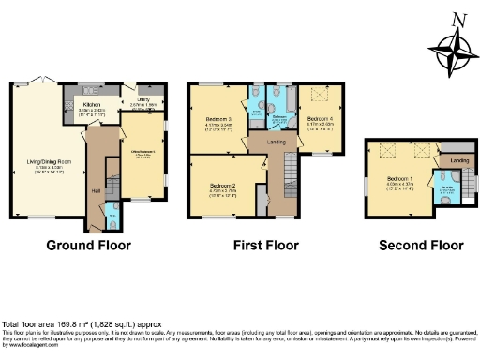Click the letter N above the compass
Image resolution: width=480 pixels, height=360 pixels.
click(x=458, y=19)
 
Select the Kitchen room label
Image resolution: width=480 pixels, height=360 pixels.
click(x=91, y=105)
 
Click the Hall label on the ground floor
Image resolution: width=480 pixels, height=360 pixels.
click(x=96, y=190)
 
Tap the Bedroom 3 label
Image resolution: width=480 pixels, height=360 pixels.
click(x=218, y=120)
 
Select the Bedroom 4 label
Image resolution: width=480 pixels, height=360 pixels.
click(x=319, y=119)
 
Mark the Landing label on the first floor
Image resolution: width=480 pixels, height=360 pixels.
click(x=276, y=142)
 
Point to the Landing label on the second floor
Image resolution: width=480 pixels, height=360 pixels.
click(x=459, y=162)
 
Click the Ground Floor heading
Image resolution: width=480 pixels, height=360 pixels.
click(x=89, y=246)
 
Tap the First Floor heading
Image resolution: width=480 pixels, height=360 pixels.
click(x=266, y=246)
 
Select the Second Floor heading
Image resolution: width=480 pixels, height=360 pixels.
click(x=421, y=246)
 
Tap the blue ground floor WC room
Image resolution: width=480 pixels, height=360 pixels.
click(x=112, y=216)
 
